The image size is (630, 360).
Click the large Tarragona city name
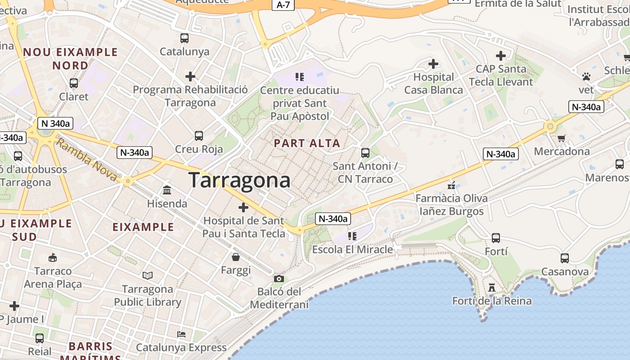(x=239, y=180)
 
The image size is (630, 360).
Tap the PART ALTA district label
(x=307, y=144)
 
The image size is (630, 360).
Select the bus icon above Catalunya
(x=184, y=38)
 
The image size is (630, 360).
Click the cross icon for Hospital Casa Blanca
(x=433, y=64)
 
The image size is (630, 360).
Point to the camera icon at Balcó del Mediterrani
(x=279, y=279)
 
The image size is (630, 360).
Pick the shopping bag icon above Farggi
(x=236, y=257)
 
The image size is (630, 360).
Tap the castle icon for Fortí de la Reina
(x=492, y=287)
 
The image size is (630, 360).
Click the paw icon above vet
(x=586, y=76)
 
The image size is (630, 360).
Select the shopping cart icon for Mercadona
(x=561, y=138)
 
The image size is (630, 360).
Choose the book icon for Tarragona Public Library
(x=148, y=275)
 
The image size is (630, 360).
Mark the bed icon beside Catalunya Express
(x=181, y=334)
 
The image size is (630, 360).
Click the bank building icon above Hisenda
(x=167, y=190)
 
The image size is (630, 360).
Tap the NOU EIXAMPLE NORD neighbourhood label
(x=70, y=59)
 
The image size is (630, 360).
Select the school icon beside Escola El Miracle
(x=352, y=236)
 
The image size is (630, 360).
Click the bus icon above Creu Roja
(x=198, y=135)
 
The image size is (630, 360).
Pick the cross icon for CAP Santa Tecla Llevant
(x=501, y=56)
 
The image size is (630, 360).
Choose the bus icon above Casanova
(x=565, y=258)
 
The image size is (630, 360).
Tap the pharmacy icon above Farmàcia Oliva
(x=451, y=185)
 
